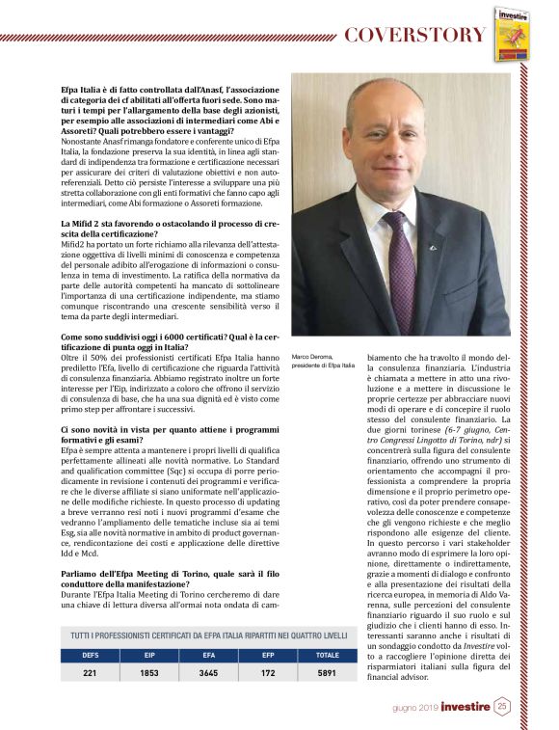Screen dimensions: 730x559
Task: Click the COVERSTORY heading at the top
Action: (x=414, y=35)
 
